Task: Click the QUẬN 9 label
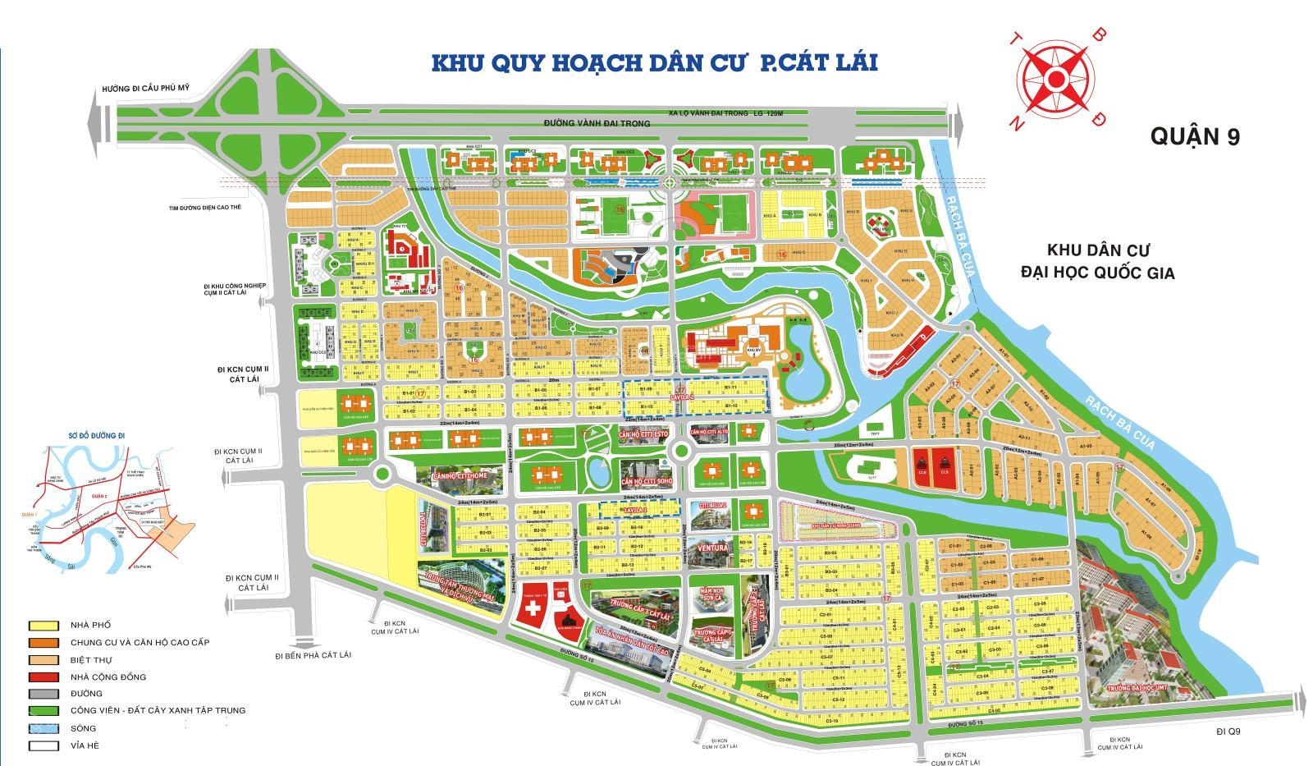coord(1194,136)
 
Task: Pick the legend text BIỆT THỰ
coord(91,660)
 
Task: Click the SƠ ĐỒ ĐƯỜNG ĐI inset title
coord(90,434)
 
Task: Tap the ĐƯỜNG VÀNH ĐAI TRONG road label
coord(597,124)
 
